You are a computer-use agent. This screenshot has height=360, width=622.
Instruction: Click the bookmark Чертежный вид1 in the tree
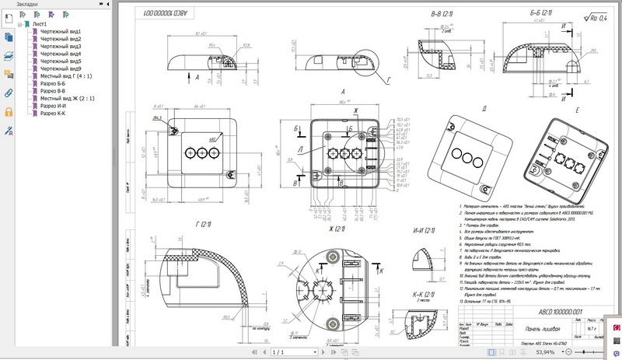pyautogui.click(x=60, y=32)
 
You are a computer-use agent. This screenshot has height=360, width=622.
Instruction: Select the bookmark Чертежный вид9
pyautogui.click(x=60, y=68)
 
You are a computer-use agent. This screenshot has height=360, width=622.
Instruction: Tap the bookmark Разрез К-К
pyautogui.click(x=53, y=114)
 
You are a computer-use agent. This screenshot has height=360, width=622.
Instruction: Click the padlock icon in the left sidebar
pyautogui.click(x=9, y=111)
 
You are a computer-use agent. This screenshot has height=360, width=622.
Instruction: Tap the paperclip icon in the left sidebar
pyautogui.click(x=9, y=93)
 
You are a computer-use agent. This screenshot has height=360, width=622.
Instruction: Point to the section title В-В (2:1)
pyautogui.click(x=446, y=15)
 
